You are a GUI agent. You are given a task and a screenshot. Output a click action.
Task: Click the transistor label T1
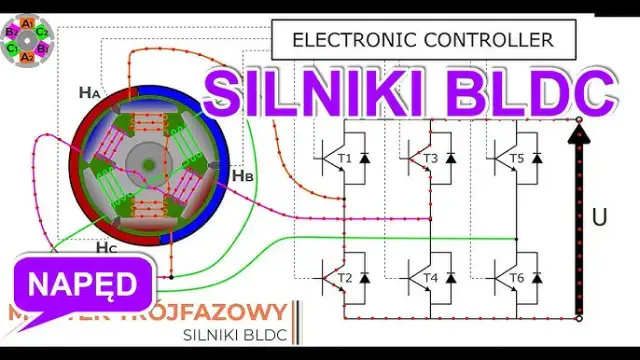coord(346,157)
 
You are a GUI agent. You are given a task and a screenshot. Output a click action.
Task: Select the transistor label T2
coord(346,277)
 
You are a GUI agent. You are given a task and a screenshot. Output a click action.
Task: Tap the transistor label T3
coord(431,157)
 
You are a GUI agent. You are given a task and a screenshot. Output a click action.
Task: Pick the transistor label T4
coord(431,277)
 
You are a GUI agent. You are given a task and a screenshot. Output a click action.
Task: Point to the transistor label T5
coord(517,157)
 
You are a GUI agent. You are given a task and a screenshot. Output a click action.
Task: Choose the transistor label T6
coord(517,277)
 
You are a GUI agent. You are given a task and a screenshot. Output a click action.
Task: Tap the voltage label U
coord(600,215)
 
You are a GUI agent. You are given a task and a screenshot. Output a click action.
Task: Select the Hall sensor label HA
coord(89,93)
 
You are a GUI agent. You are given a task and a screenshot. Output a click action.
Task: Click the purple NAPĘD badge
coord(83,283)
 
